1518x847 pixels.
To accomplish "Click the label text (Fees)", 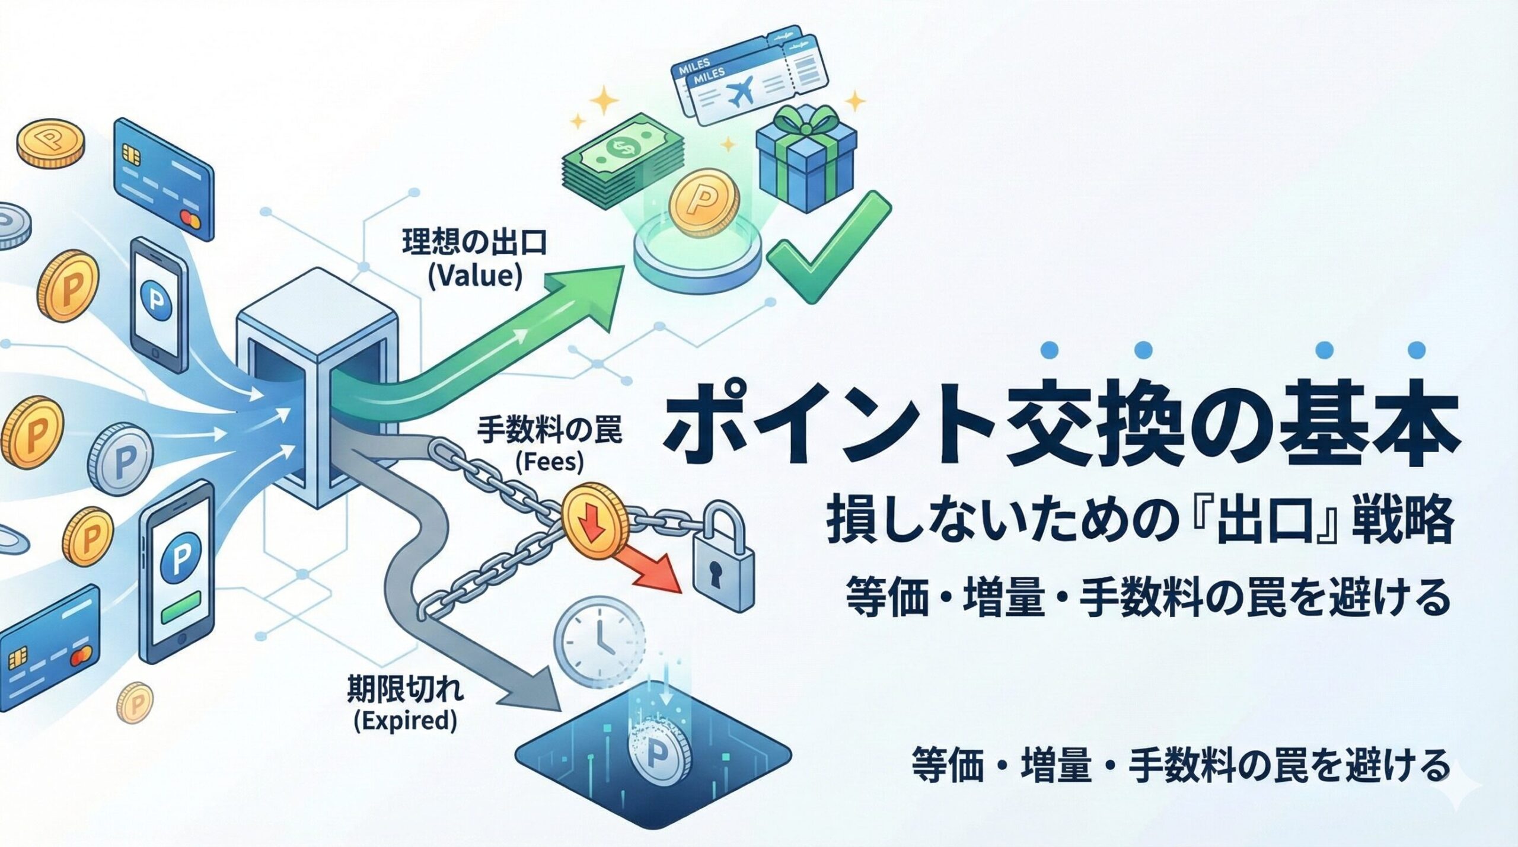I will [x=549, y=462].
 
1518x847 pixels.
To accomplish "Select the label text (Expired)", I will [x=405, y=721].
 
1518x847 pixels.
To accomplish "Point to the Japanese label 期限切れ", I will [x=406, y=691].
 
